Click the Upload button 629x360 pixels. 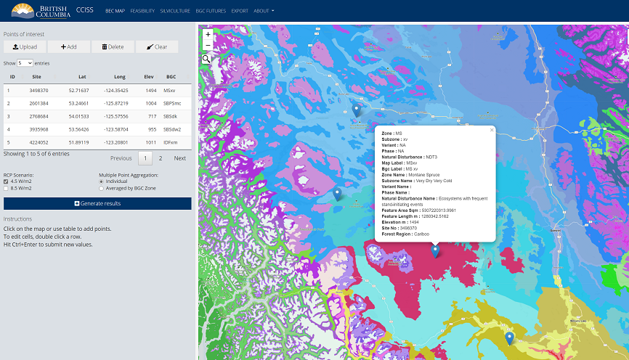[x=25, y=46]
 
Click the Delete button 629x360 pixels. [x=113, y=46]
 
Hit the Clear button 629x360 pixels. [x=156, y=46]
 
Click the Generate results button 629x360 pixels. [x=97, y=203]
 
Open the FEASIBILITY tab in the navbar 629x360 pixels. [x=142, y=11]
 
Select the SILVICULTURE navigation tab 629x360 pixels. [x=175, y=11]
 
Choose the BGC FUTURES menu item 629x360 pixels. [x=211, y=11]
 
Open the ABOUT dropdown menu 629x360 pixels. [x=264, y=11]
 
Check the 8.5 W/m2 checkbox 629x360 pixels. [x=6, y=188]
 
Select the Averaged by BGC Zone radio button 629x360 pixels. [x=101, y=188]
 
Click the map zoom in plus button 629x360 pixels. [x=208, y=34]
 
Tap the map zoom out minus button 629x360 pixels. [x=208, y=45]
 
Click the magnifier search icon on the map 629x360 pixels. [x=207, y=59]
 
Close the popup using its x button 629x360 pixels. [x=492, y=130]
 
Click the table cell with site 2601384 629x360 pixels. [x=39, y=103]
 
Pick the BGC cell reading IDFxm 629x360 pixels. [x=171, y=142]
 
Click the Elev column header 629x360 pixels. [x=149, y=76]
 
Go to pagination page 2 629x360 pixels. [x=161, y=158]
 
